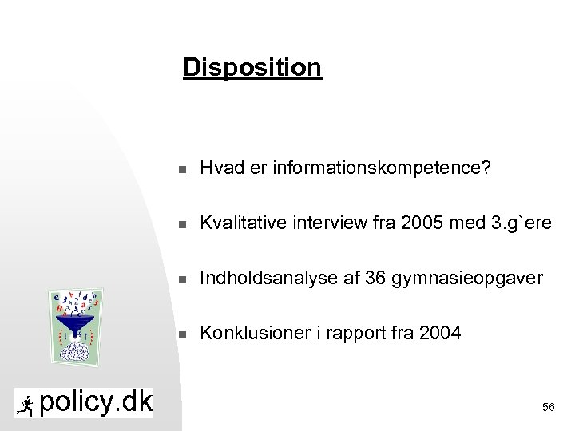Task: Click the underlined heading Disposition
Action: tap(252, 67)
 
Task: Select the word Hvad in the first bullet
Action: tap(220, 168)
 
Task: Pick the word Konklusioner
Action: tap(248, 333)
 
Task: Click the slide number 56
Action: tap(548, 407)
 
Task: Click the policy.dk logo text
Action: tap(95, 402)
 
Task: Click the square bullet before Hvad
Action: tap(183, 169)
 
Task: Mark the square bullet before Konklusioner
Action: tap(183, 334)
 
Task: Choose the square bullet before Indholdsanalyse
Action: tap(183, 279)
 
